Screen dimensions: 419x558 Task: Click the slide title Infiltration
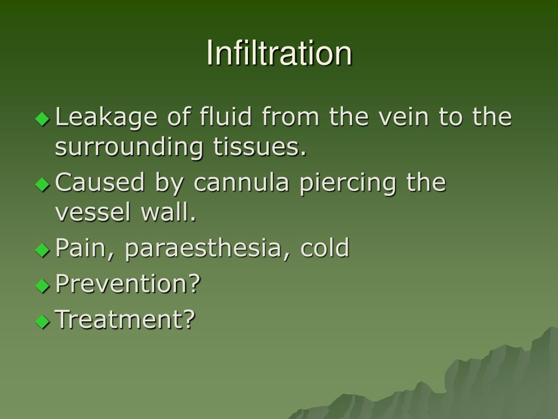tap(279, 53)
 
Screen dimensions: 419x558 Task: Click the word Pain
tap(86, 248)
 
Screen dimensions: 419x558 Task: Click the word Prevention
tap(128, 283)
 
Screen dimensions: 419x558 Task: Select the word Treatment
tap(125, 319)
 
